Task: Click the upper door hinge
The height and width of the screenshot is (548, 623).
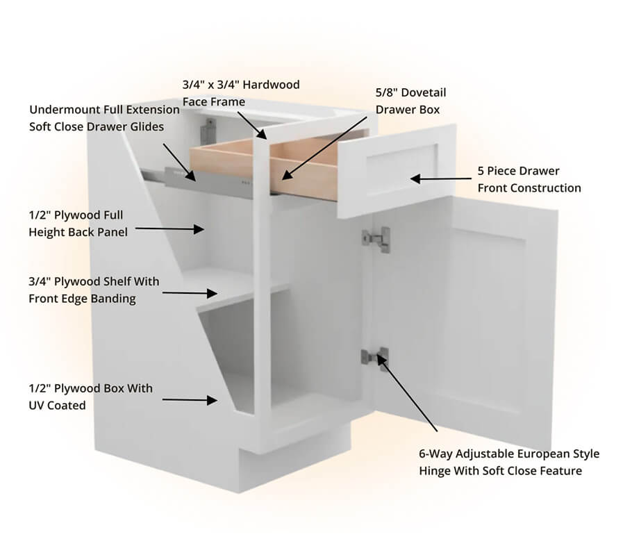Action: coord(376,239)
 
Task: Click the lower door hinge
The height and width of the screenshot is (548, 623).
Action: coord(374,358)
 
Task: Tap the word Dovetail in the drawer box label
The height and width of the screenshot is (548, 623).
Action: coord(424,92)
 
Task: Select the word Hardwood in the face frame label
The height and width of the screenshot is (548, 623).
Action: coord(271,85)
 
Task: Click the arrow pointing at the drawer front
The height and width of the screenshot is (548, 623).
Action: coord(440,178)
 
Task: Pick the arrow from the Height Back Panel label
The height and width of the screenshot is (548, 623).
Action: coord(169,229)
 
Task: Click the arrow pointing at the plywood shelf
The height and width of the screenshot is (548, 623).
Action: coord(190,293)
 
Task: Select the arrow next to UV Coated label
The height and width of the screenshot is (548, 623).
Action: coord(190,400)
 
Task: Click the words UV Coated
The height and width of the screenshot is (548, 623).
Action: coord(57,406)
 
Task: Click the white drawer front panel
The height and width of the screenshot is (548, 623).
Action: coord(397,171)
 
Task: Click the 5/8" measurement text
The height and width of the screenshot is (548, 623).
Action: coord(387,92)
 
